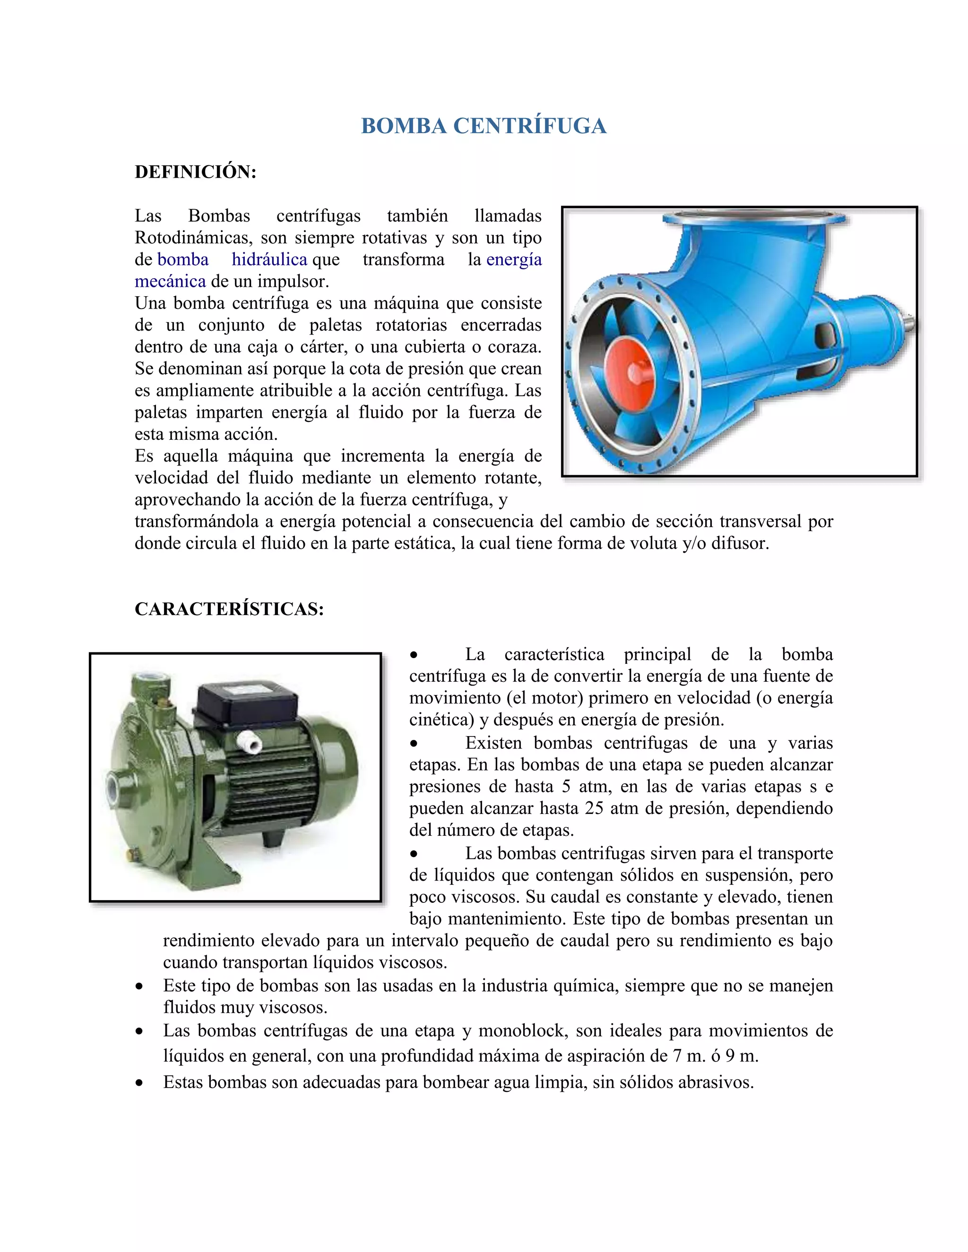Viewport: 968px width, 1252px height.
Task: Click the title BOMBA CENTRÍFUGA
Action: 484,126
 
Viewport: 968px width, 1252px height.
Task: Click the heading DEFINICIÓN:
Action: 196,172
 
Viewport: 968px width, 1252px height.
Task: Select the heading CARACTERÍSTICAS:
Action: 229,609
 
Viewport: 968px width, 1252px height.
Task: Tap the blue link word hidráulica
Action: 269,260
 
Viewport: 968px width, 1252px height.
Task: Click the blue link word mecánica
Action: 170,282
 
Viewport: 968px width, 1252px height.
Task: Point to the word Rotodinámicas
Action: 193,238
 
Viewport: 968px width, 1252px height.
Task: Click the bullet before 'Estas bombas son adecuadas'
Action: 139,1083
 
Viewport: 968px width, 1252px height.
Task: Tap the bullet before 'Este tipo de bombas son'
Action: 139,986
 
